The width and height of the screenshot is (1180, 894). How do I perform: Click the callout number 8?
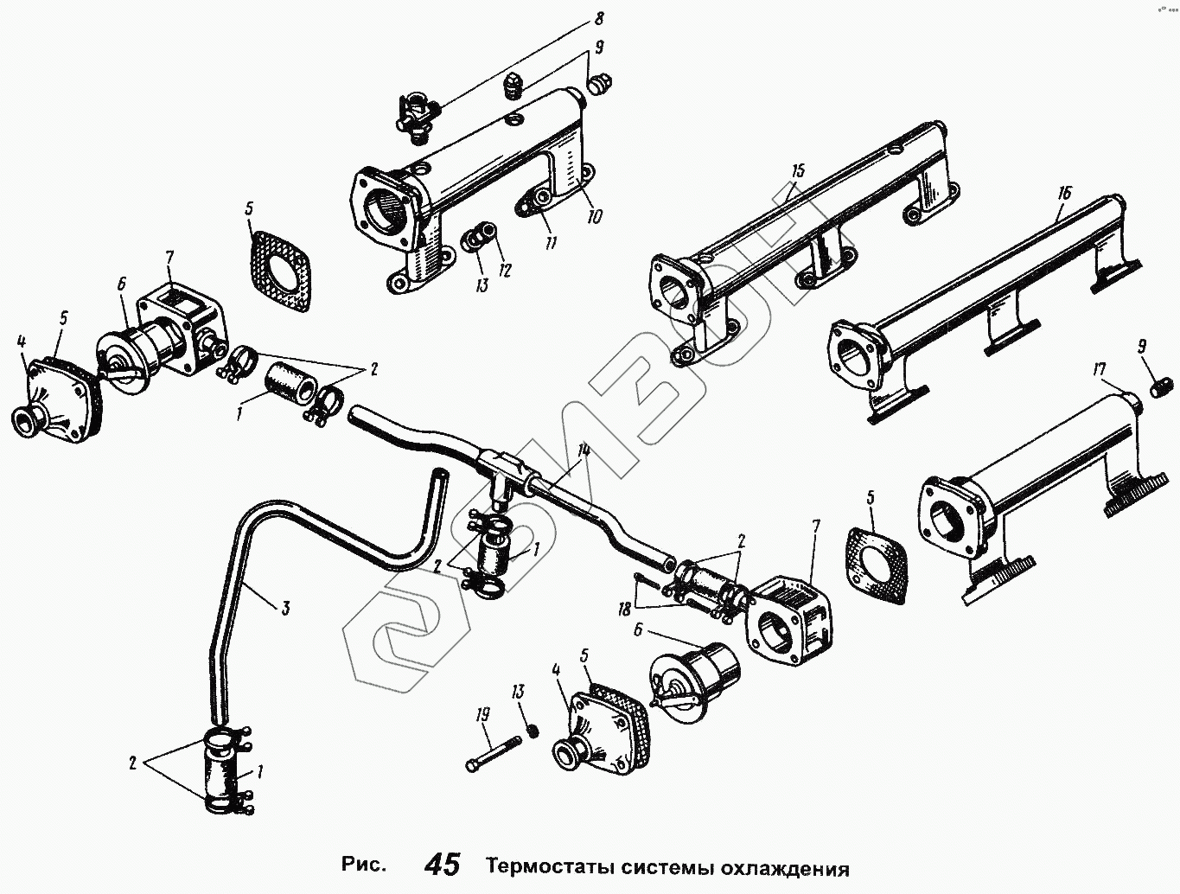coord(598,18)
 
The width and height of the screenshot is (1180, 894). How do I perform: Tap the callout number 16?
coord(1063,193)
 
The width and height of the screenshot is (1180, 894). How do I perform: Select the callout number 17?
coord(1100,371)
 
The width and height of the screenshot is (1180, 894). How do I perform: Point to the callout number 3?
coord(284,609)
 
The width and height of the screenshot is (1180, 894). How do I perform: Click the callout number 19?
coord(482,714)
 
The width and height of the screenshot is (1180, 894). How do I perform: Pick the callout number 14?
coord(585,450)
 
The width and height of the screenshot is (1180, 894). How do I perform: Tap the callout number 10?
coord(596,214)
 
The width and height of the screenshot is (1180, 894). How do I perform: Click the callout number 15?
coord(797,169)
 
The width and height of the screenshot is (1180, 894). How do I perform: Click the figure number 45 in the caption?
coord(443,865)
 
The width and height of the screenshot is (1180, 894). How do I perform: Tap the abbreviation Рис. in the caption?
coord(363,866)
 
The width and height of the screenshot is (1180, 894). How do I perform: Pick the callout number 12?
coord(506,271)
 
